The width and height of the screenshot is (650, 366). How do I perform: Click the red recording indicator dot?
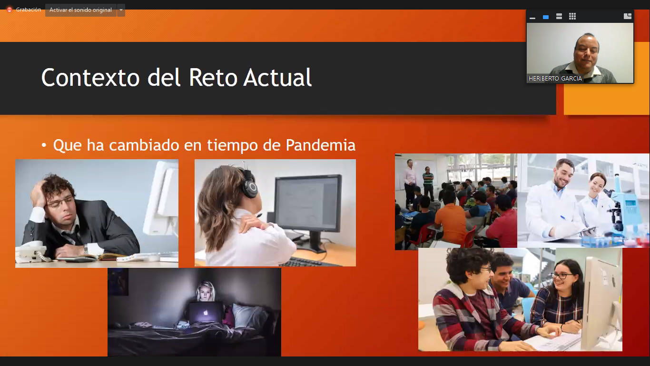coord(10,10)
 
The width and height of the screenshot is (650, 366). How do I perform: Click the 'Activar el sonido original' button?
coord(81,10)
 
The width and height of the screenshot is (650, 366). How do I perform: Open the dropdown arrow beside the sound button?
coord(121,10)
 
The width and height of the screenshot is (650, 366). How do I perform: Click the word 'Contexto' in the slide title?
coord(90,77)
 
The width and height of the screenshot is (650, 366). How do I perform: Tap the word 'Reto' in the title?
coord(213,77)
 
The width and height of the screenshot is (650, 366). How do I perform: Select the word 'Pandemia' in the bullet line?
coord(321,145)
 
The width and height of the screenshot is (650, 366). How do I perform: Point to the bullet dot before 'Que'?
coord(44,145)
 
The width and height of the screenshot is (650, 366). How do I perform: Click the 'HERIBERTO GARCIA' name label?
coord(555,79)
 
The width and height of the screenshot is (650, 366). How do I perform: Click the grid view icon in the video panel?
coord(572,16)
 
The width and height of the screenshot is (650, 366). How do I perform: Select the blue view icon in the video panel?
coord(545,17)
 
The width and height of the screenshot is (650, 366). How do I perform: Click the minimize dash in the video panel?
coord(532,18)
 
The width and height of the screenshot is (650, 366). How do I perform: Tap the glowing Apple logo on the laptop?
coord(206,313)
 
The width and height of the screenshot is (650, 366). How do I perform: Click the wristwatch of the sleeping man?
coord(86,249)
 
